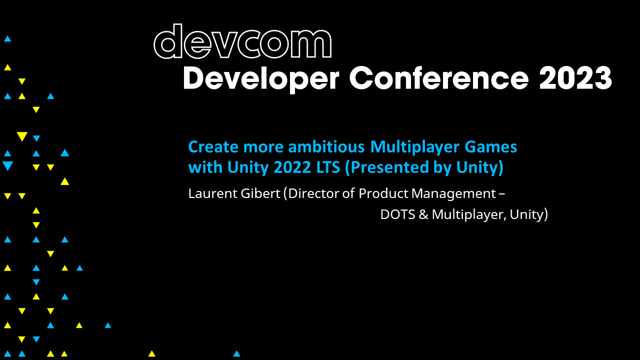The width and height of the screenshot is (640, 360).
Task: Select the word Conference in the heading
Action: coord(438,78)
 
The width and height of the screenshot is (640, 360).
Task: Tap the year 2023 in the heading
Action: coord(575,78)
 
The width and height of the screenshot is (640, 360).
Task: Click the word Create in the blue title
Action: coord(211,147)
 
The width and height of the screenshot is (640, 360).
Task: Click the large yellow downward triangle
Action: coord(21,136)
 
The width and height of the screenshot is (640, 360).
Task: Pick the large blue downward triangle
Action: coord(7,166)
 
